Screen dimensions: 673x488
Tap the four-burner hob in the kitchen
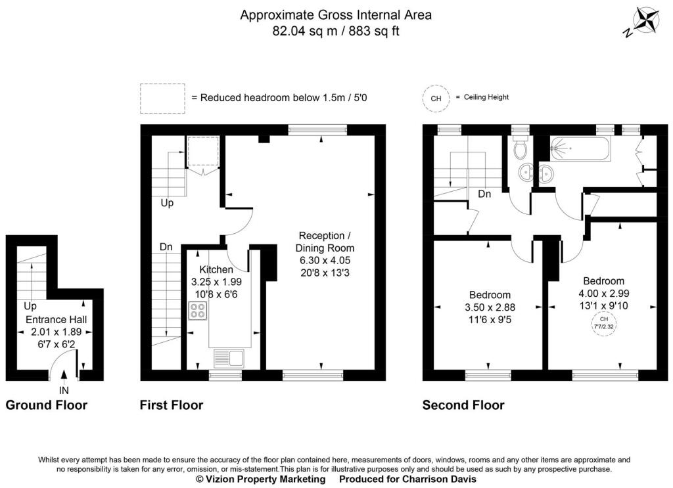click(197, 311)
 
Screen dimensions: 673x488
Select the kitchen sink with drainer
click(229, 359)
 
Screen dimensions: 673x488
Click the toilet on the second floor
click(521, 146)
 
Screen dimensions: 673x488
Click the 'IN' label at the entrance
click(64, 391)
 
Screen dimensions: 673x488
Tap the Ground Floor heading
click(47, 405)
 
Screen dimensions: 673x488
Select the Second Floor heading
click(463, 405)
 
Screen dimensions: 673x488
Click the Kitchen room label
click(216, 270)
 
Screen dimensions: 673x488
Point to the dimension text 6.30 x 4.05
click(325, 260)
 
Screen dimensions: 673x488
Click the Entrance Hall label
click(57, 319)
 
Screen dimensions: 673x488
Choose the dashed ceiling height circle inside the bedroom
click(604, 323)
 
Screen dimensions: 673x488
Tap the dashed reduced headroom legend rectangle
click(163, 99)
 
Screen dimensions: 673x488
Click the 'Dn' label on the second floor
click(484, 194)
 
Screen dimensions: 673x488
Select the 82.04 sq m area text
click(305, 32)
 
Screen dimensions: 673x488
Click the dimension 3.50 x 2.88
click(490, 307)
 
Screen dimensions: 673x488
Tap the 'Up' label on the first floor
click(167, 203)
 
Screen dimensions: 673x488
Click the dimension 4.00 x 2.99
click(604, 294)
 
